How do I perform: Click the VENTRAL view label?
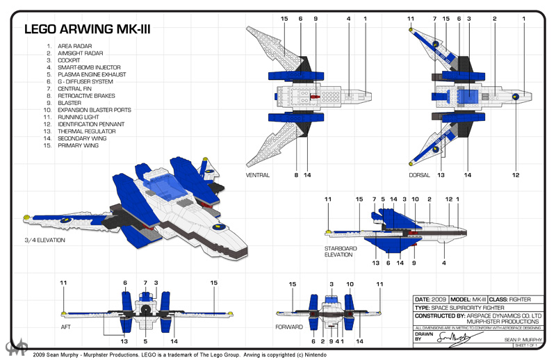point(257,175)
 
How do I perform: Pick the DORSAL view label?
point(419,175)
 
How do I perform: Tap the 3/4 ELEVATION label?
point(44,240)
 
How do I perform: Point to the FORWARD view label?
point(288,326)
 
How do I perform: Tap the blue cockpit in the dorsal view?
point(467,97)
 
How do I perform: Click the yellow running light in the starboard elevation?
point(328,230)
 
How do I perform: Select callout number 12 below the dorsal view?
point(516,175)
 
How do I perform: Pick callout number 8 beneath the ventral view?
point(296,175)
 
